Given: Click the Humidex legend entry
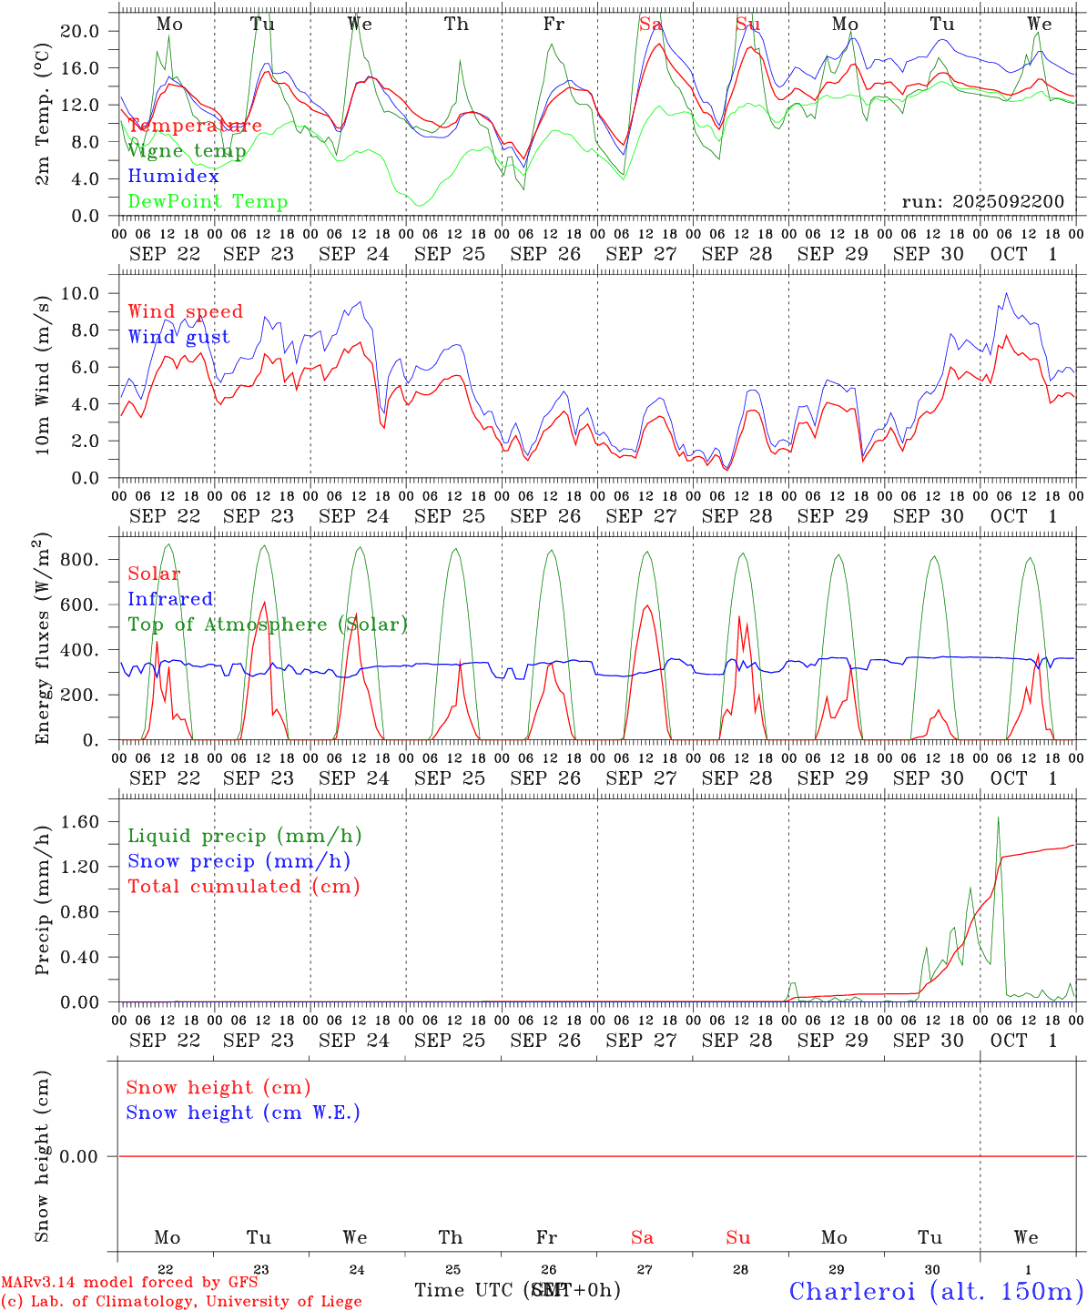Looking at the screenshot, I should click(174, 177).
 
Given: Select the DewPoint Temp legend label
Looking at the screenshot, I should click(208, 202).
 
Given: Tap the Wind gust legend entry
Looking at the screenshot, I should click(178, 337).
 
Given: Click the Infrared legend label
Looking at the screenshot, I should click(170, 599).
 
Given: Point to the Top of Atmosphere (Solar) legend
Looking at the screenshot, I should click(268, 625).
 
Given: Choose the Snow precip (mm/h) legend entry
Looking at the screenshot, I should click(239, 861).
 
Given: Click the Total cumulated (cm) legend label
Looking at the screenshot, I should click(243, 887).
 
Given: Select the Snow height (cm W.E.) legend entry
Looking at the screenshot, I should click(243, 1113).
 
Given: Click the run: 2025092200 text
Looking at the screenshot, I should click(982, 202).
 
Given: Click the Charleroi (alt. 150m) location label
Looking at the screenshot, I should click(936, 1291).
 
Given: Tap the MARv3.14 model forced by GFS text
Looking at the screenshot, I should click(128, 1283).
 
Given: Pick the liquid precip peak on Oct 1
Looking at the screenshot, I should click(998, 818).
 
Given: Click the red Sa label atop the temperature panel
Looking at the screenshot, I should click(650, 25).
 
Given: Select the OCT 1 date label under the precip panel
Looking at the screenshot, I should click(1024, 1041).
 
